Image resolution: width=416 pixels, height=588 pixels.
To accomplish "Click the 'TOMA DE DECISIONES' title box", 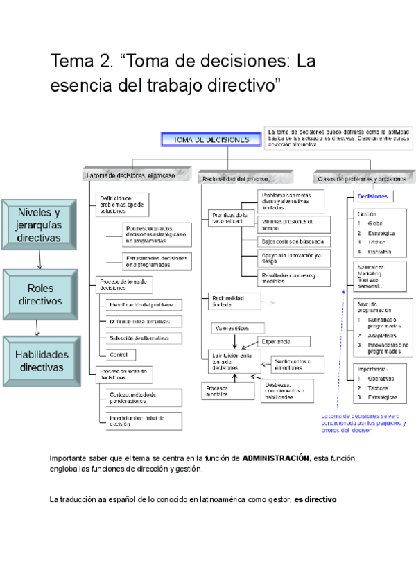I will [x=211, y=140].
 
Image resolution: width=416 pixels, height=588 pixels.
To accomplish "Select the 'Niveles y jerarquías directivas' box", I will [x=39, y=224].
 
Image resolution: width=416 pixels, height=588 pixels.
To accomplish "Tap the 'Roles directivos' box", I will [x=40, y=294].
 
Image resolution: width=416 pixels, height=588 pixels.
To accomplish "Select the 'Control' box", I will [x=118, y=354].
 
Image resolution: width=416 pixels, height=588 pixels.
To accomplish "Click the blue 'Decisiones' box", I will [x=372, y=197].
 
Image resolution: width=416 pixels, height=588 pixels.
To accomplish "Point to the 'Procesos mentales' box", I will [x=218, y=391].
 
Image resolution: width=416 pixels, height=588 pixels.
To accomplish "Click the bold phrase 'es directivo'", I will [x=315, y=499].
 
